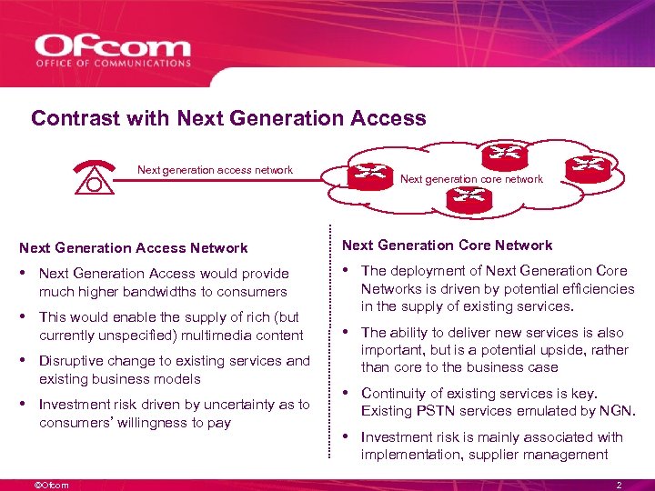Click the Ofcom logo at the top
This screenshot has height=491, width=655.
(x=113, y=51)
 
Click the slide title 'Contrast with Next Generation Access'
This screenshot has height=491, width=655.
(x=228, y=118)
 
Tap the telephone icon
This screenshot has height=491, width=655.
(x=94, y=176)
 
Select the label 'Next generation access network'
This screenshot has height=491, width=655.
(x=215, y=170)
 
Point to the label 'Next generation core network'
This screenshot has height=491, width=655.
(x=471, y=179)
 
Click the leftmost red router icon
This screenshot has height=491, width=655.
(x=367, y=174)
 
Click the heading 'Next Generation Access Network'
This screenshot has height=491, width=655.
(x=134, y=247)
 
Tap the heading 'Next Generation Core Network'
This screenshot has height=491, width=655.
(x=447, y=245)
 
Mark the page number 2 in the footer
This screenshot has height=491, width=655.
(x=619, y=485)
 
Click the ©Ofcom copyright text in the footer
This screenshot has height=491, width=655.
(x=51, y=485)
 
